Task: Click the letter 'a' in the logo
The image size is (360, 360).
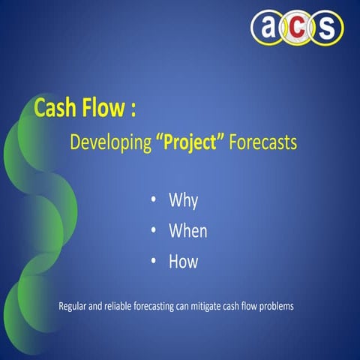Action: [266, 28]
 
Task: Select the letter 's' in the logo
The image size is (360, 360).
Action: [327, 28]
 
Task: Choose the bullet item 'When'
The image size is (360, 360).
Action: [188, 231]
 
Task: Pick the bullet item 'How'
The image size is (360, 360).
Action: [184, 261]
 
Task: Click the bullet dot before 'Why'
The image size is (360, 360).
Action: [154, 200]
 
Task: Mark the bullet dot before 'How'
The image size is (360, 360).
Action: [154, 261]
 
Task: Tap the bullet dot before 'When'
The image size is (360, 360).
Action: [154, 231]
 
